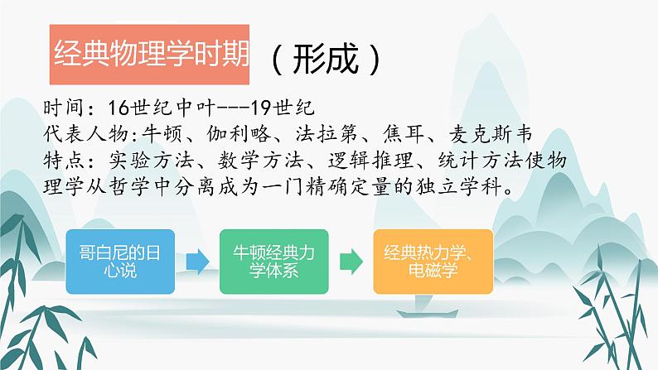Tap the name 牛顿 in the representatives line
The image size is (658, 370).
pyautogui.click(x=160, y=132)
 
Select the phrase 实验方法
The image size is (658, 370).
pyautogui.click(x=160, y=157)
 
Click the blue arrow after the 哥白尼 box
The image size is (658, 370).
pyautogui.click(x=197, y=261)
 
